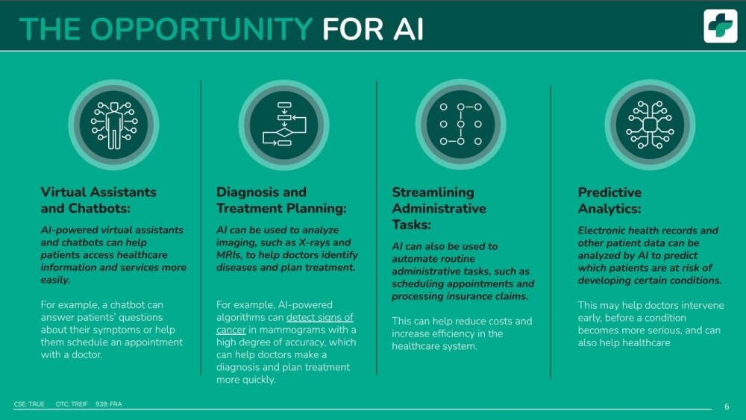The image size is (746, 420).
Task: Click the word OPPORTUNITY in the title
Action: [x=201, y=29]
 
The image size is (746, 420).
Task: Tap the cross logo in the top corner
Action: [x=721, y=26]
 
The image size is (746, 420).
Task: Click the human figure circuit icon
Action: [x=113, y=125]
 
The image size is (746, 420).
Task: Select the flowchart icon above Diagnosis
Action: [x=284, y=125]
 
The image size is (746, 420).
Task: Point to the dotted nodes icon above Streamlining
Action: [x=460, y=125]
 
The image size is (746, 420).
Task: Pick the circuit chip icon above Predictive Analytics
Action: [x=650, y=125]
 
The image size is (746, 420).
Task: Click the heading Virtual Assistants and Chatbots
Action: [x=98, y=200]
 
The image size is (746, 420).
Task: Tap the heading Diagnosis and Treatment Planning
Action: [x=281, y=200]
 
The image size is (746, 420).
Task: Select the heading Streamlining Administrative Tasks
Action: [x=439, y=208]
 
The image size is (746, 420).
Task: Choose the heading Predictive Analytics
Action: [x=609, y=200]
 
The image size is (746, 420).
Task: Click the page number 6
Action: [x=727, y=407]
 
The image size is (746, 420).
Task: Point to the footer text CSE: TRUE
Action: [x=29, y=404]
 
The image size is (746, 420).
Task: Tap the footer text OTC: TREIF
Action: [x=72, y=404]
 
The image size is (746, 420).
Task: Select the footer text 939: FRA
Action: [x=108, y=404]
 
